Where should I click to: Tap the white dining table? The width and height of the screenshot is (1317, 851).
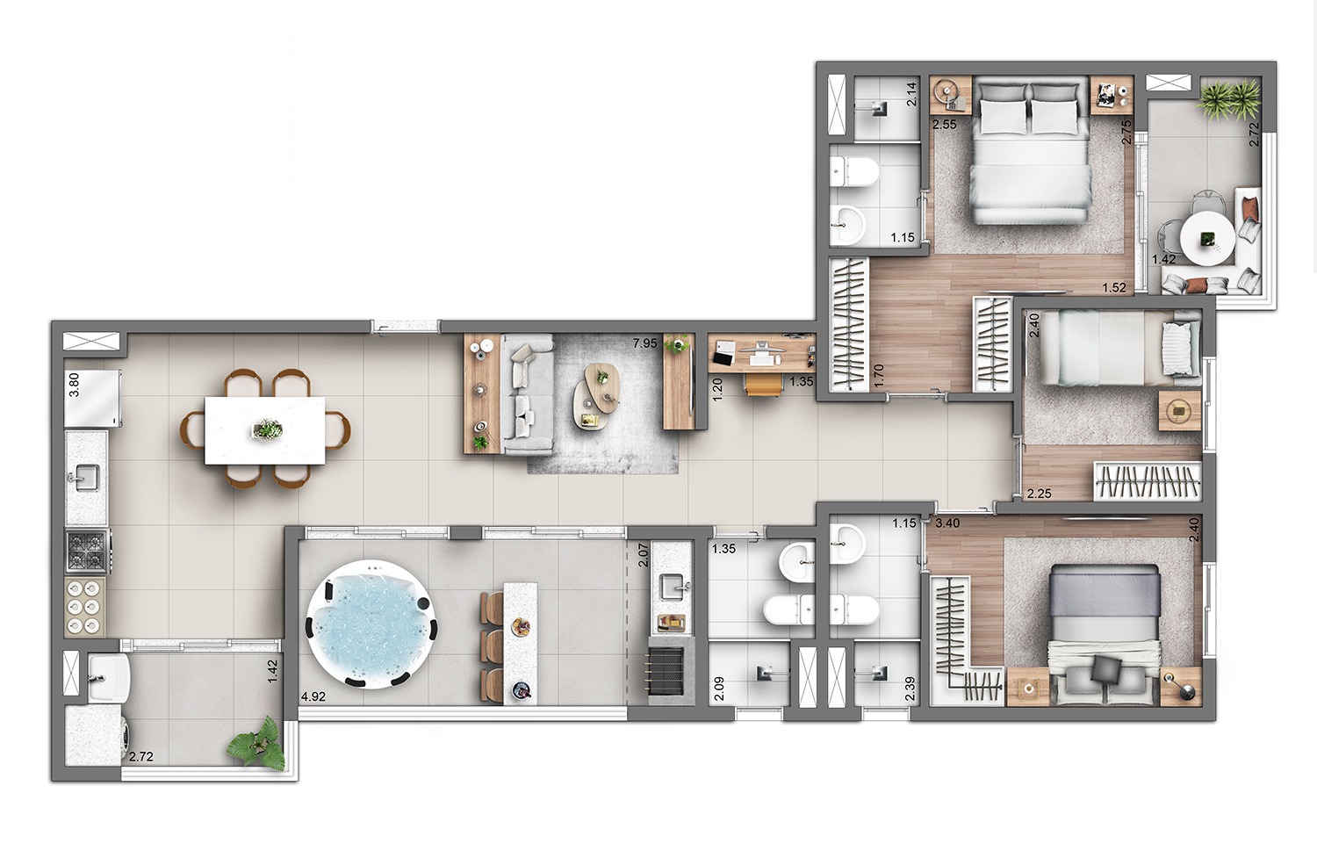[264, 430]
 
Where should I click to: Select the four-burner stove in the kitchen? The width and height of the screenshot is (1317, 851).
[88, 551]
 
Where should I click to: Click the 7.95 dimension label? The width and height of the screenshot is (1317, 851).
[645, 343]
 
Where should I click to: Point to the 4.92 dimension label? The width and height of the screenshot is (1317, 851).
[313, 697]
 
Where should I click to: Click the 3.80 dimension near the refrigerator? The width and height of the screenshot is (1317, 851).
[74, 386]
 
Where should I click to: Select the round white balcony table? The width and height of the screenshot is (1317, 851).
[1207, 238]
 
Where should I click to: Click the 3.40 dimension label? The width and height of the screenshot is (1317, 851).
[947, 523]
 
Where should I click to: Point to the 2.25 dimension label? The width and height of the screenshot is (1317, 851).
[1039, 494]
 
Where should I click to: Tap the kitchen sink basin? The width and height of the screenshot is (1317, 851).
[87, 476]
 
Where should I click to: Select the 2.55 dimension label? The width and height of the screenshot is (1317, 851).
[944, 125]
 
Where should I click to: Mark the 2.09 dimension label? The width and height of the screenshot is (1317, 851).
[719, 689]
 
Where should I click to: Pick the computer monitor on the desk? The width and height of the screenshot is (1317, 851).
[762, 348]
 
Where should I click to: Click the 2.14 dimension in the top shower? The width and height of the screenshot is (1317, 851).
[911, 94]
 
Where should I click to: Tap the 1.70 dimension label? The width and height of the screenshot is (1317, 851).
[879, 377]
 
